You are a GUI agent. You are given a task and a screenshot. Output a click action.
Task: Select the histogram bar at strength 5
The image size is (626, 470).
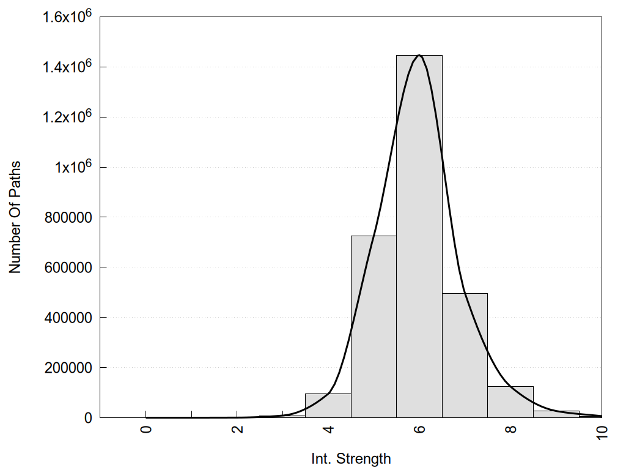[374, 327]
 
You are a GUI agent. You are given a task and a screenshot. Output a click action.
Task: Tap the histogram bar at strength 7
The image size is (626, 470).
[465, 356]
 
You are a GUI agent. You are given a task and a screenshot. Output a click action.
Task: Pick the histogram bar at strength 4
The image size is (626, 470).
[328, 406]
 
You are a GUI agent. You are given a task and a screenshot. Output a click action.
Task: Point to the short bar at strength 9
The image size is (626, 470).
[556, 414]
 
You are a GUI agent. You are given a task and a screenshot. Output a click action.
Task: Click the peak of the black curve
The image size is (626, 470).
[419, 55]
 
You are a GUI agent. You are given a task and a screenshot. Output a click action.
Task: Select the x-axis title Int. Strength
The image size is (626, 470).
[351, 458]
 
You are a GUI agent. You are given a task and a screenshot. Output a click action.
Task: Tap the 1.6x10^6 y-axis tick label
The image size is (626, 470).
[67, 16]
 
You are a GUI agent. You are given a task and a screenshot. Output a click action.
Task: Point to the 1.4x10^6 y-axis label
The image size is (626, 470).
[67, 66]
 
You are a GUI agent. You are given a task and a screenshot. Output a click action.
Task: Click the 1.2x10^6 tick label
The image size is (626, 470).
[67, 116]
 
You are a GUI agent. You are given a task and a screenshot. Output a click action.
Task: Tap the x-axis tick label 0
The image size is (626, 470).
[145, 429]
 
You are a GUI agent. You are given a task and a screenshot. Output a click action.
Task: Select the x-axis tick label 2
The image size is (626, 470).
[237, 429]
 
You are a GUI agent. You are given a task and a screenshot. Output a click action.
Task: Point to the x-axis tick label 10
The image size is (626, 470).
[602, 431]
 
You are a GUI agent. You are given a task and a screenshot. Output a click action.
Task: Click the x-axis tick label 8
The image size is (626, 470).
[511, 429]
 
